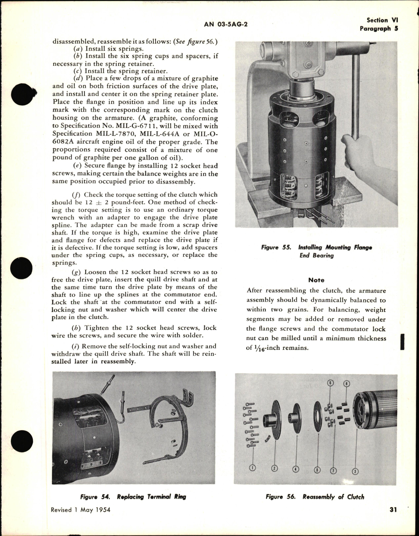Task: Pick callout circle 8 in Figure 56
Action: [x=346, y=384]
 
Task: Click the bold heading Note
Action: [x=316, y=280]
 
